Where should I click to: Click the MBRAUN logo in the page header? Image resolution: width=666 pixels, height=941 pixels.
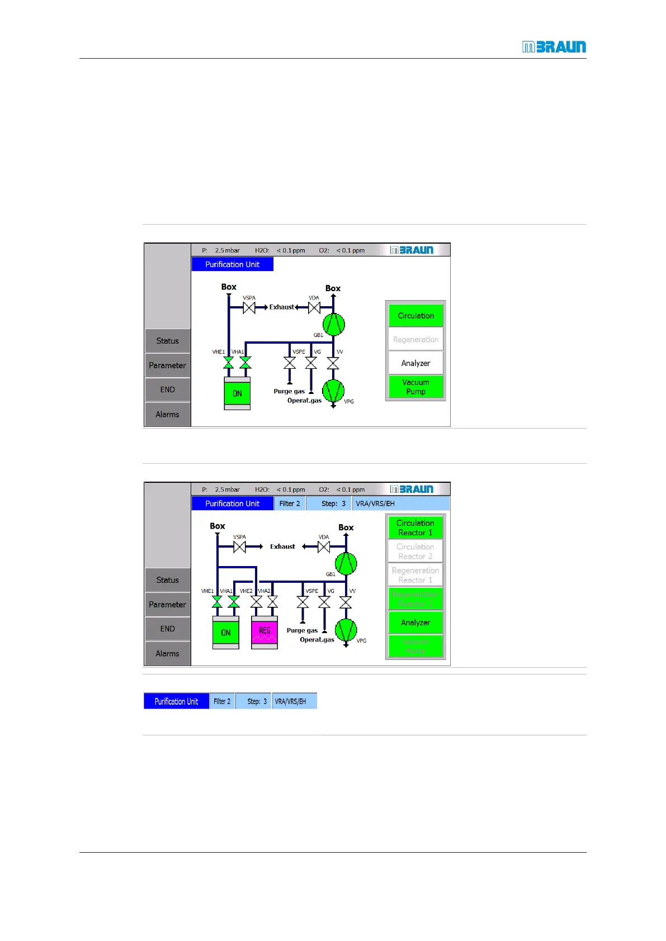(554, 47)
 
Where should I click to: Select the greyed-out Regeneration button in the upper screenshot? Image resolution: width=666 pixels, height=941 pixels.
(415, 339)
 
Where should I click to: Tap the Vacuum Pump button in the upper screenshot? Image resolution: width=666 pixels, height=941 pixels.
(415, 387)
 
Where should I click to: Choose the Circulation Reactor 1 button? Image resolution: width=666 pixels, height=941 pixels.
(415, 527)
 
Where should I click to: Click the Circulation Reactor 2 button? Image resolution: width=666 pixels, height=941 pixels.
(415, 552)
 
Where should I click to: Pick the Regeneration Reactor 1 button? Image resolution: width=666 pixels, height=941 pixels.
(415, 575)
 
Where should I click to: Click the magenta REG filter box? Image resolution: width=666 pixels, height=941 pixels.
(264, 632)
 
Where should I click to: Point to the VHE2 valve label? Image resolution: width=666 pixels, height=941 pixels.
(246, 591)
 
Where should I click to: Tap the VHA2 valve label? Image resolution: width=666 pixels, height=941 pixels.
(264, 591)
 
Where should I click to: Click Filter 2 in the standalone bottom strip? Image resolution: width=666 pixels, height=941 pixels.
(222, 701)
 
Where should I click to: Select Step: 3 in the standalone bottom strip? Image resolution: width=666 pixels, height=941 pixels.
(257, 701)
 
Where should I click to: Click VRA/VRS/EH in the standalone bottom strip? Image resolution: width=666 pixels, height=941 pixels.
(290, 701)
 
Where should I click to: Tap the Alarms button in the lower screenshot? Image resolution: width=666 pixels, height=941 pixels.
(167, 653)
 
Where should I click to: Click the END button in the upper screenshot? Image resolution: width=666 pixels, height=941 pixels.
(167, 389)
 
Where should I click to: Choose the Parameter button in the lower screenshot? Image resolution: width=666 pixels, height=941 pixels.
(167, 605)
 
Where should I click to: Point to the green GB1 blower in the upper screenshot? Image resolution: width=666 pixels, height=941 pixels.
(333, 324)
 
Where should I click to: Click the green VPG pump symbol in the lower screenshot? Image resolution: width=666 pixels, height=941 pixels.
(346, 630)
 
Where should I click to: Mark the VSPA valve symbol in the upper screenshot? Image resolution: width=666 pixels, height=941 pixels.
(249, 308)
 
